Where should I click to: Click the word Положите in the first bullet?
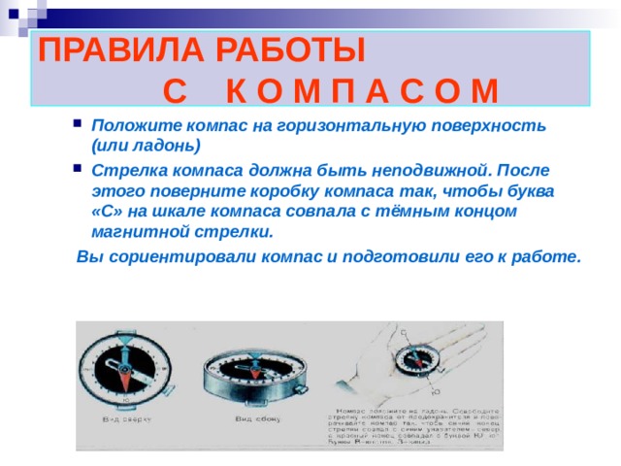point(130,126)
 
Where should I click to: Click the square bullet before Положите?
point(77,125)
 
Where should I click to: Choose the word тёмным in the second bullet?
point(413,212)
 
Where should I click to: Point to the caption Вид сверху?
point(124,419)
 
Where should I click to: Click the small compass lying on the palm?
point(407,359)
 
